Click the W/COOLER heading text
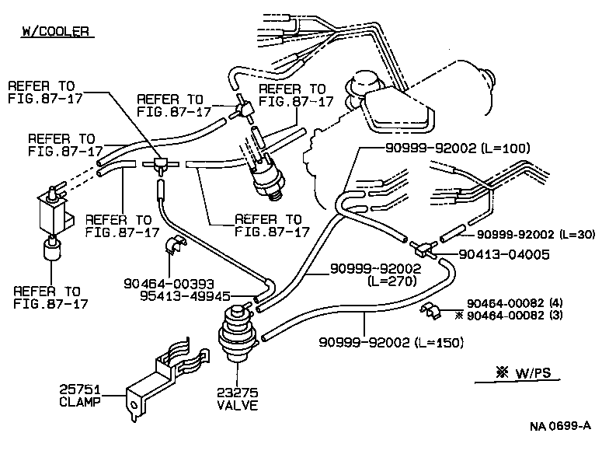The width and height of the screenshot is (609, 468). pos(55,32)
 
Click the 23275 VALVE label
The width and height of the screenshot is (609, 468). pos(237,399)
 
